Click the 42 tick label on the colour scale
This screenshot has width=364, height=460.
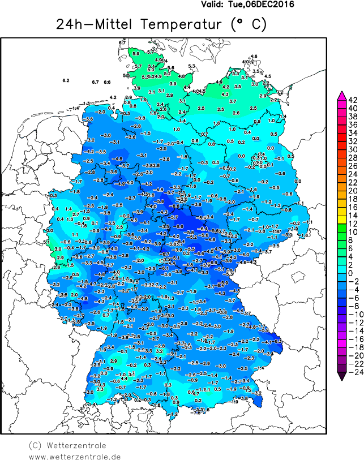pos(352,100)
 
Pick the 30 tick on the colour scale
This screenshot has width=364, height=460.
pos(352,149)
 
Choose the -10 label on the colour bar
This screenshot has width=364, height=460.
pos(353,314)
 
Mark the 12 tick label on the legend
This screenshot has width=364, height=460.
pos(352,223)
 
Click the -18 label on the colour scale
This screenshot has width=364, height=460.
pos(353,347)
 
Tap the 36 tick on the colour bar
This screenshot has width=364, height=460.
pos(352,124)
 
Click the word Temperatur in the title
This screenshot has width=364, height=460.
pos(180,25)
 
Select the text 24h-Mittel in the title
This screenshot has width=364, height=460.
pos(94,25)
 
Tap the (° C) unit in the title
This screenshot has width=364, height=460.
pos(248,25)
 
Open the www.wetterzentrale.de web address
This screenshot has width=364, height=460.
pos(75,456)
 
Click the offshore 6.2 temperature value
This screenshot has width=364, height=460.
pos(66,80)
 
